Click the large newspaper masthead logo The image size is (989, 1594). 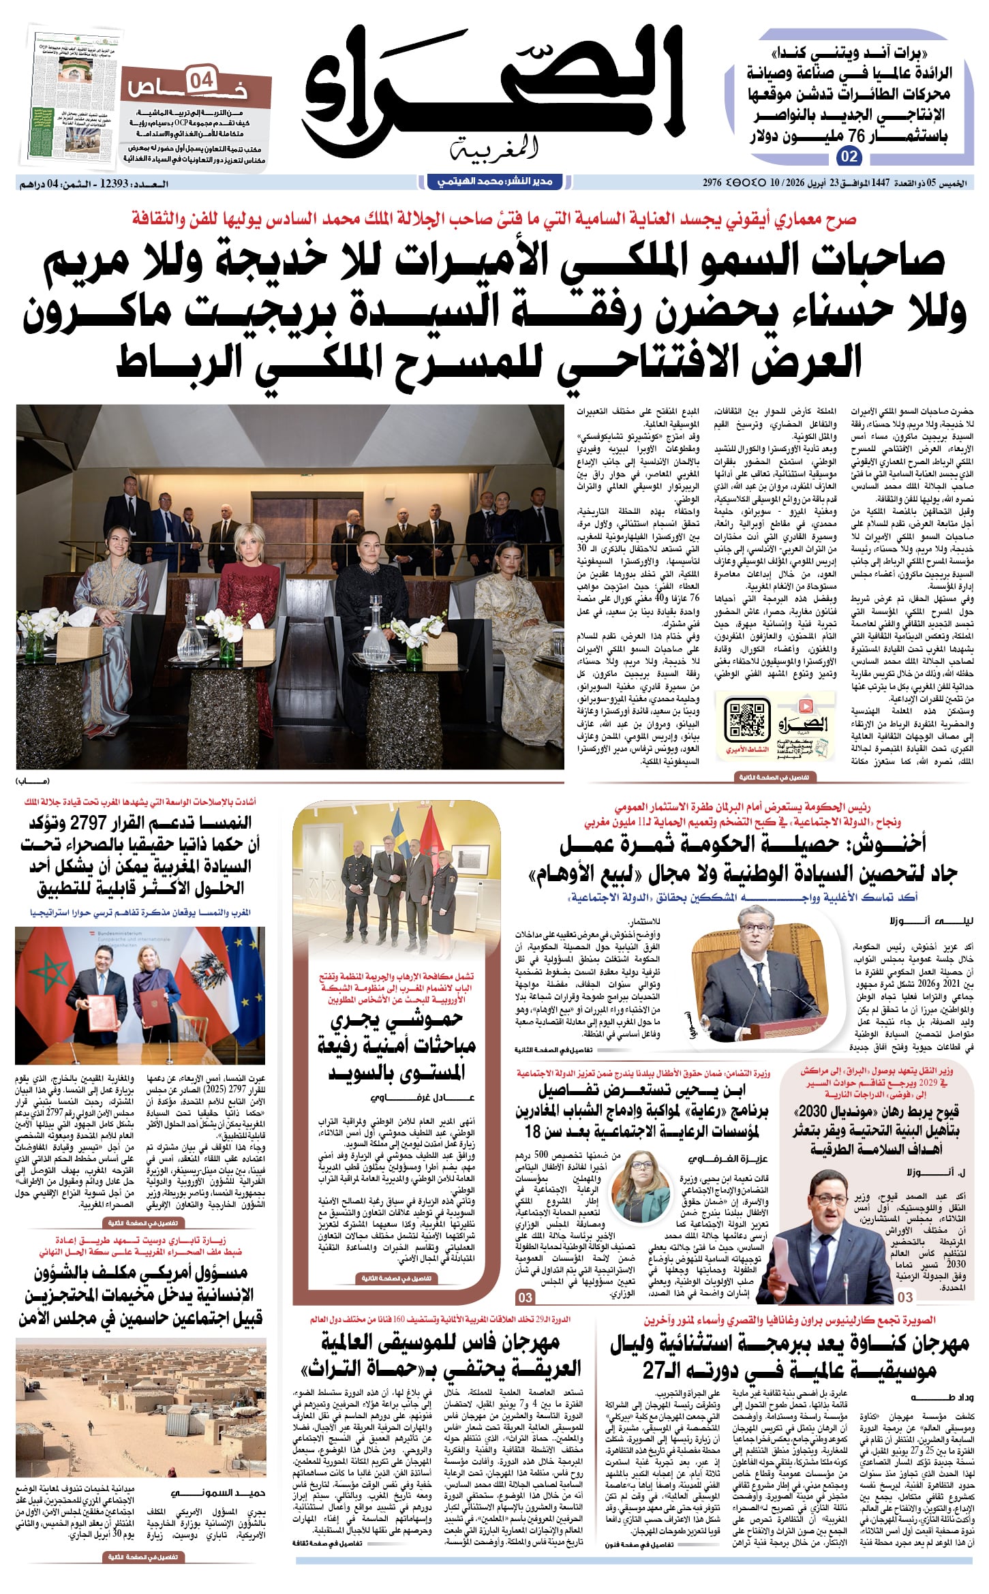pyautogui.click(x=493, y=92)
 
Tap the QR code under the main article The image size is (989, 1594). pyautogui.click(x=747, y=720)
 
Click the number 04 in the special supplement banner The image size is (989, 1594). pyautogui.click(x=201, y=81)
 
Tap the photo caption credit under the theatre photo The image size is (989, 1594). pyautogui.click(x=33, y=780)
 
